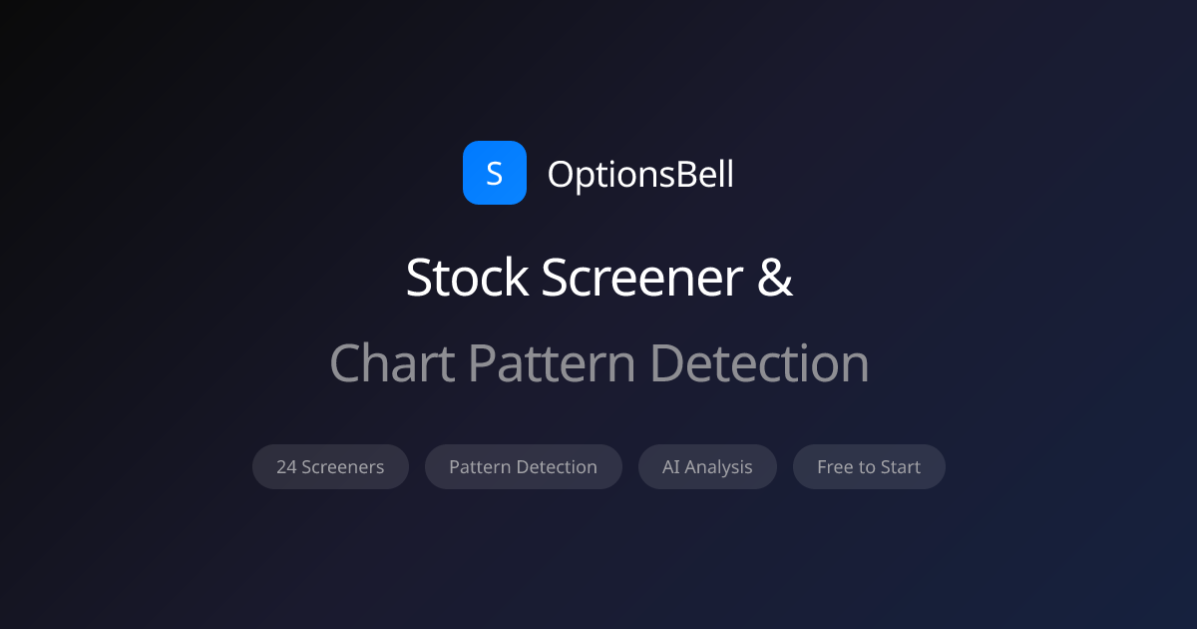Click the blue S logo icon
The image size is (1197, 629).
click(495, 173)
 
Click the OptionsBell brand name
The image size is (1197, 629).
click(640, 175)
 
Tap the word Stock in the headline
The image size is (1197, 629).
click(467, 278)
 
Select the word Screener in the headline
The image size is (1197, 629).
click(641, 278)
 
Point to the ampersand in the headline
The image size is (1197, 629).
click(775, 278)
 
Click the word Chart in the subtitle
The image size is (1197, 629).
click(392, 363)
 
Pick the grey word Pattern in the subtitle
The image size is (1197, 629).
click(552, 363)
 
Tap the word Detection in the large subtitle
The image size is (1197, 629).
click(759, 363)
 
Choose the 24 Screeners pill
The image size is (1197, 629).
click(330, 467)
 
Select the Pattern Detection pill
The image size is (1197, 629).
click(523, 467)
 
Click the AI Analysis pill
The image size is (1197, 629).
click(707, 467)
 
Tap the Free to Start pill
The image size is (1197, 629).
click(869, 467)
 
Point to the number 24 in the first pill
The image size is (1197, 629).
click(286, 467)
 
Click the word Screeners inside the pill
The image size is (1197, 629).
click(342, 467)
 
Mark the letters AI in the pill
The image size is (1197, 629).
click(670, 467)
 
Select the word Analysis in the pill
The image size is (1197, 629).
click(718, 468)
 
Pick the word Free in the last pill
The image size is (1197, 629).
click(835, 467)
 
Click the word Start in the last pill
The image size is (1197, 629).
click(901, 467)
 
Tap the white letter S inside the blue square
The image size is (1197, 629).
click(495, 174)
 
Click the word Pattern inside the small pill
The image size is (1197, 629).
click(480, 467)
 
